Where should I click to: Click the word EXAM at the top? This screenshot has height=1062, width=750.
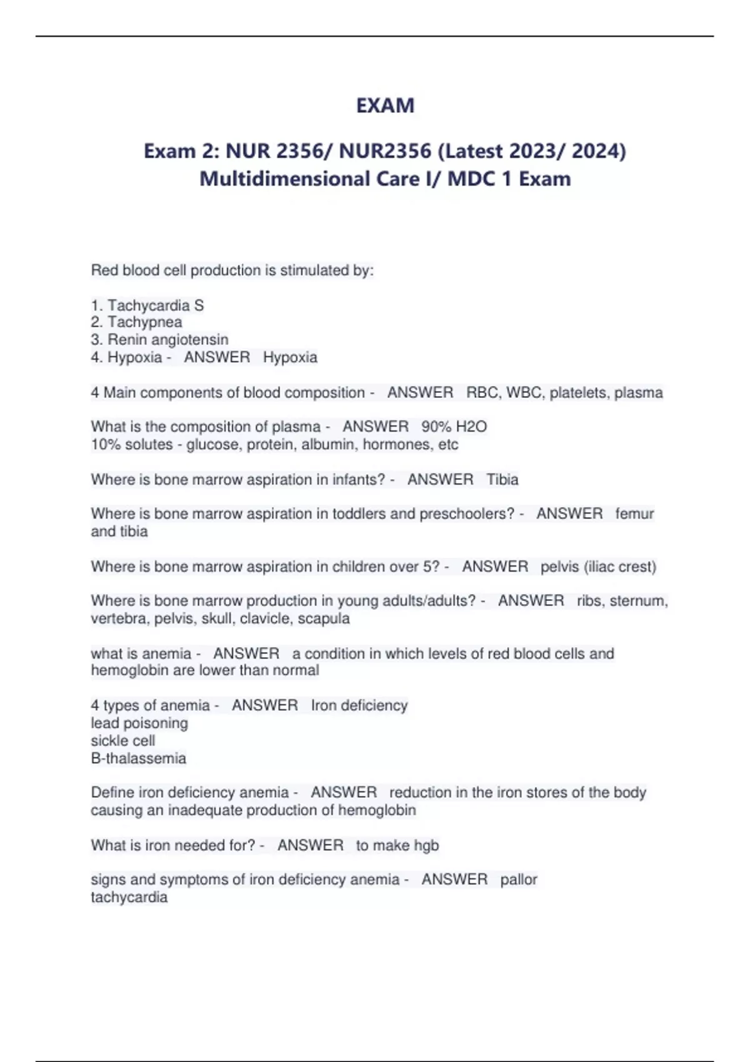[385, 105]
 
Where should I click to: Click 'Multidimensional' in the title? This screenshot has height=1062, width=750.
[284, 179]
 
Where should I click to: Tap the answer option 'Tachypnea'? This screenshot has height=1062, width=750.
[144, 322]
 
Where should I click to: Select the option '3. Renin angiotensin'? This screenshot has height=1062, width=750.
[159, 340]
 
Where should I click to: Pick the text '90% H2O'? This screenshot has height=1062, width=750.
[454, 427]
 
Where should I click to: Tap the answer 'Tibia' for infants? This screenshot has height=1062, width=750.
[502, 480]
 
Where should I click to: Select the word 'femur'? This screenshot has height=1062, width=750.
[634, 514]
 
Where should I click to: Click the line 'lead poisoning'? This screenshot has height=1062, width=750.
[139, 723]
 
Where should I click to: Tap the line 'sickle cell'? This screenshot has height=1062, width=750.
[123, 741]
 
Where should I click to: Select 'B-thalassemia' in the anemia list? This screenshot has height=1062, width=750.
[139, 758]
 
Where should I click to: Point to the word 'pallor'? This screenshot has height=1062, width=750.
[519, 880]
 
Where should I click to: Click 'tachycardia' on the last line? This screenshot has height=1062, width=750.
[129, 898]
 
